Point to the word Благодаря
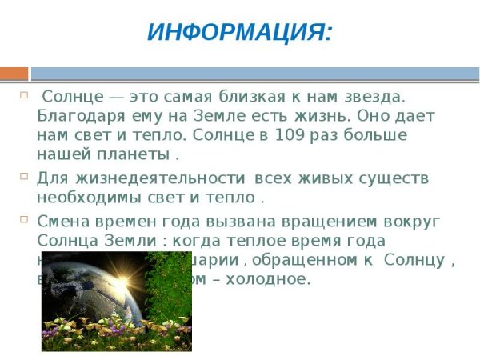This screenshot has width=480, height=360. (76, 116)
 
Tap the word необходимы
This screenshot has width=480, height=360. (90, 197)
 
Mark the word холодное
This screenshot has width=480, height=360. (272, 278)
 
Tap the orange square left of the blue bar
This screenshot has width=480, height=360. (14, 74)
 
